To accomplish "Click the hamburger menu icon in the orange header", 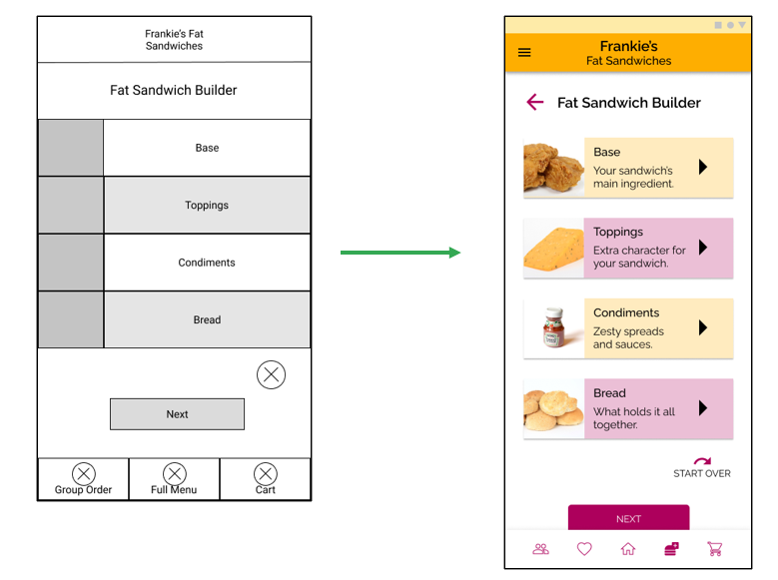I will point(524,53).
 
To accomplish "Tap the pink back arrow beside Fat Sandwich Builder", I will point(534,102).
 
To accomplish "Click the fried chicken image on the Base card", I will point(553,168).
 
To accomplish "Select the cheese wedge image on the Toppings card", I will point(553,249).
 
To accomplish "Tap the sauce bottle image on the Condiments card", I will point(553,327).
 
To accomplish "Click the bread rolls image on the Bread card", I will point(553,408).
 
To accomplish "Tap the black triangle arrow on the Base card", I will point(703,167).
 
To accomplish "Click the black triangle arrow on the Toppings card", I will point(703,248).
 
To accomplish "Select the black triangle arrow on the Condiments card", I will point(703,327).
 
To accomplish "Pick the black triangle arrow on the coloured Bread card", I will point(703,407).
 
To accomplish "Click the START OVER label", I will point(702,473).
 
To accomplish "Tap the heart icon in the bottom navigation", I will point(584,549).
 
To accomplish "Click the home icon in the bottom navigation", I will point(628,549).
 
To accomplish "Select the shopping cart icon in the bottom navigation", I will point(715,549).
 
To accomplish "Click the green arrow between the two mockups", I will point(399,253).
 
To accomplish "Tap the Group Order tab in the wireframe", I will point(84,479).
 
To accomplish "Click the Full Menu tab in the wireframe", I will point(174,479).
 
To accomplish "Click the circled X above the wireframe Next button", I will point(271,374).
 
